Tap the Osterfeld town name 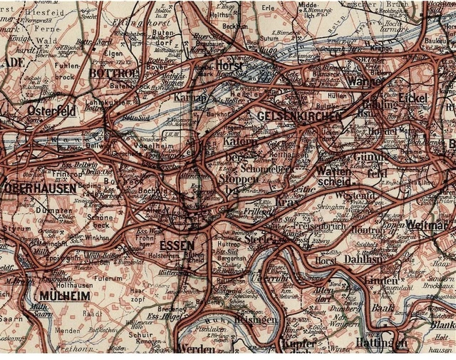52,111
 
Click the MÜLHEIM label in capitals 66,295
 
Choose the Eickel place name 413,96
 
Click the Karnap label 190,97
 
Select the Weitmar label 431,225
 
